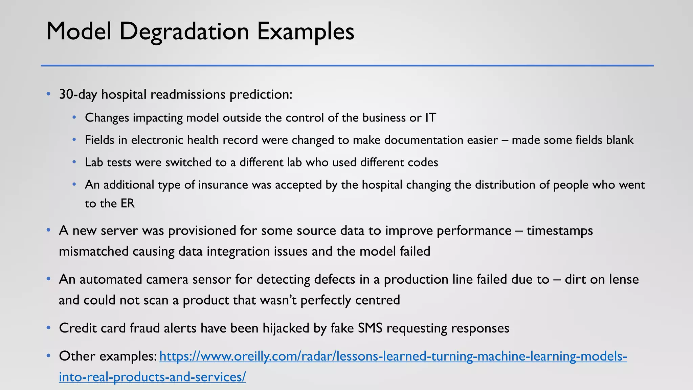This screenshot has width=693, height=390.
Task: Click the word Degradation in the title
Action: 184,31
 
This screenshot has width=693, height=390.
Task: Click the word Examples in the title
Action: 306,31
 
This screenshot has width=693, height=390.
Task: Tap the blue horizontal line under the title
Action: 347,65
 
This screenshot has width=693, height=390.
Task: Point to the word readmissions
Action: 188,94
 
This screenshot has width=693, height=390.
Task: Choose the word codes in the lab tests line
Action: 423,162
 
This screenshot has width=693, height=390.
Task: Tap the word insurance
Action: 223,185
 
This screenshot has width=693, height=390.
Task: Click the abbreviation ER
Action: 127,203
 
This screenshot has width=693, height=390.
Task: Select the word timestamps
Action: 560,231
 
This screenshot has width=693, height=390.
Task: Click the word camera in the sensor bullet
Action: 128,280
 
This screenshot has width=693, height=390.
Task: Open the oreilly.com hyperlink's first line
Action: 393,356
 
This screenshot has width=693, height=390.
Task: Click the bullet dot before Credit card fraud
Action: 49,328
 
